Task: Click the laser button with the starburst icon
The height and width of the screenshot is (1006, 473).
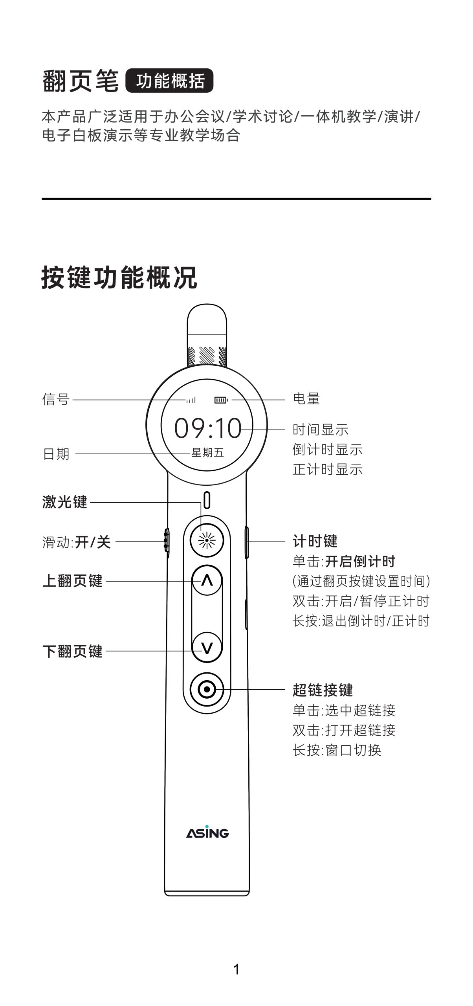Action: [x=207, y=541]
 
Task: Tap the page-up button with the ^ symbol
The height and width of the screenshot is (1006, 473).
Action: [x=207, y=580]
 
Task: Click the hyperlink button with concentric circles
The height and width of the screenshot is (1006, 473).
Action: [x=207, y=689]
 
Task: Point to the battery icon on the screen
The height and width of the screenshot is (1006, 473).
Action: [x=221, y=400]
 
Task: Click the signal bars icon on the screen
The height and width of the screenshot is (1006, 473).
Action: [x=191, y=400]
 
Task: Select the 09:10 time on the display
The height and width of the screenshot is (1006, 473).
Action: [x=207, y=428]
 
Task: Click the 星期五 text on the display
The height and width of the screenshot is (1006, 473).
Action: [x=207, y=453]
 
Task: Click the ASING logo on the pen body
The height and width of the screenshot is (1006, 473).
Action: [x=207, y=833]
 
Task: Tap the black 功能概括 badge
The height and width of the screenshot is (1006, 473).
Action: [x=169, y=81]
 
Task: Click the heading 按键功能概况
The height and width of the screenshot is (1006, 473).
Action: [x=119, y=278]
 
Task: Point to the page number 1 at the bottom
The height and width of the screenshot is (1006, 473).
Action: [x=236, y=969]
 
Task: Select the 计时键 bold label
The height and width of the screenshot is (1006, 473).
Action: [x=315, y=541]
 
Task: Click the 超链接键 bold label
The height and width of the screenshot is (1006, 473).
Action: [x=323, y=690]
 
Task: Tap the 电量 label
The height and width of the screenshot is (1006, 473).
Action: [x=306, y=399]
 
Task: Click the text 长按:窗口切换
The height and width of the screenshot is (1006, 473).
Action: [x=337, y=750]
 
